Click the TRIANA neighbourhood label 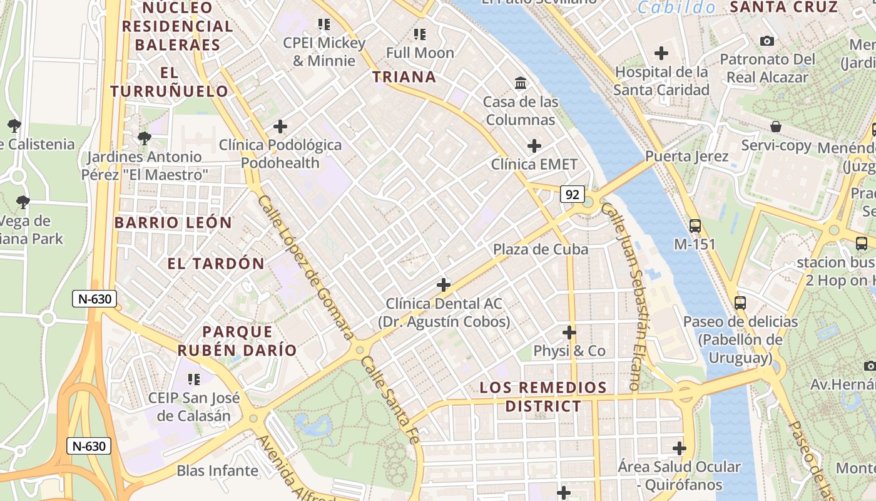coord(404,77)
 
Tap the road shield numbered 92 coord(572,195)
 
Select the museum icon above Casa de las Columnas coord(520,83)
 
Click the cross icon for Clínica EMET coord(534,146)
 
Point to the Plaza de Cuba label coord(541,249)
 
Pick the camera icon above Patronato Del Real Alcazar coord(766,41)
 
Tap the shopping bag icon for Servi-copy coord(775,127)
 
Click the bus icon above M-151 coord(695,226)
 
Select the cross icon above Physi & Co coord(569,332)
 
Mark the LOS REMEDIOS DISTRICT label coord(543,396)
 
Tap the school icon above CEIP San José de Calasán coord(194,379)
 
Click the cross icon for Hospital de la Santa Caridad coord(661,53)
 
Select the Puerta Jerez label coord(686,156)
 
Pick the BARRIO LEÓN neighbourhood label coord(173,223)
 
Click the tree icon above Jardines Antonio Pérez coord(144,138)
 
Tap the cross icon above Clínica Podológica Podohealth coord(280,127)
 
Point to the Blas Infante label coord(217,470)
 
